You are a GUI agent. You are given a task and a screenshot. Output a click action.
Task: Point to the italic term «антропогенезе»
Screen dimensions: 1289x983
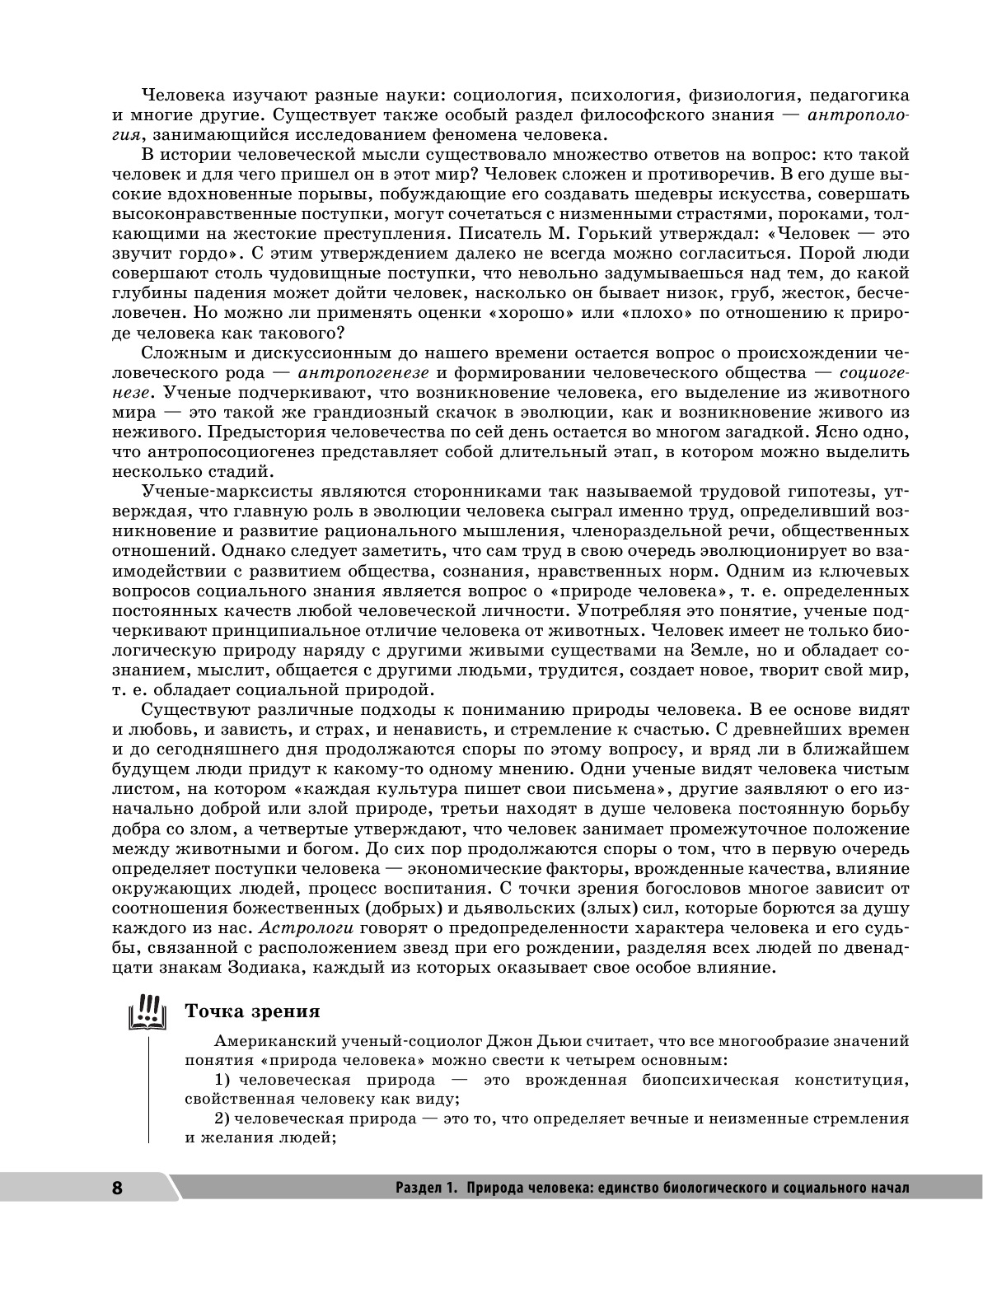click(x=363, y=372)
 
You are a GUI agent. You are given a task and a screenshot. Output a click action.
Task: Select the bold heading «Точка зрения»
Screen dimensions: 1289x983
click(x=252, y=1011)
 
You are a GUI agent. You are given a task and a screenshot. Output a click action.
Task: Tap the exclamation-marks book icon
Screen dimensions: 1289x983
click(x=148, y=1012)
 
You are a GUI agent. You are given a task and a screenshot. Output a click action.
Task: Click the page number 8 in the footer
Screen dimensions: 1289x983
click(x=116, y=1189)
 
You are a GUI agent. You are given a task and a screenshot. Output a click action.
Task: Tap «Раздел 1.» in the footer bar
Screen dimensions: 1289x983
click(x=425, y=1188)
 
